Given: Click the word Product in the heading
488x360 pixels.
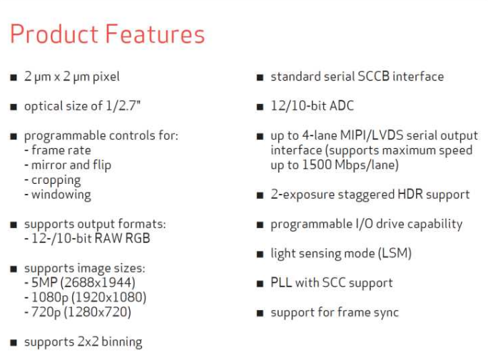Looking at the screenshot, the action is [x=54, y=34].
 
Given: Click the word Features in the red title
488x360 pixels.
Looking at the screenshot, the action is [x=155, y=34].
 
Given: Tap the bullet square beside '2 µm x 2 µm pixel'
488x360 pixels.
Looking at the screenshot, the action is [x=14, y=77].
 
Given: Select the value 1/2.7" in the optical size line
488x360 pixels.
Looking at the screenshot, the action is [x=123, y=106].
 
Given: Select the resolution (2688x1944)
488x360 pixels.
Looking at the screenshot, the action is [x=98, y=282].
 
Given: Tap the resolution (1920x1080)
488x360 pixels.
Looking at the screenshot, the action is [x=109, y=297].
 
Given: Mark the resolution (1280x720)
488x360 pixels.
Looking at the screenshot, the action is [x=98, y=312].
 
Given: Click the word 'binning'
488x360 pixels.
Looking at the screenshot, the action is [x=122, y=341].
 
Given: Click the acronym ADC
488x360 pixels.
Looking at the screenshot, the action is [x=342, y=106].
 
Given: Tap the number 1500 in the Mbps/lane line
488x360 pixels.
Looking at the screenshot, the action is [x=317, y=165].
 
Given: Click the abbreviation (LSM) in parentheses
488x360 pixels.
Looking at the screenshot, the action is [x=395, y=253].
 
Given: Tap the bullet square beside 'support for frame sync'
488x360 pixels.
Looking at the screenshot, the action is [x=260, y=313].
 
